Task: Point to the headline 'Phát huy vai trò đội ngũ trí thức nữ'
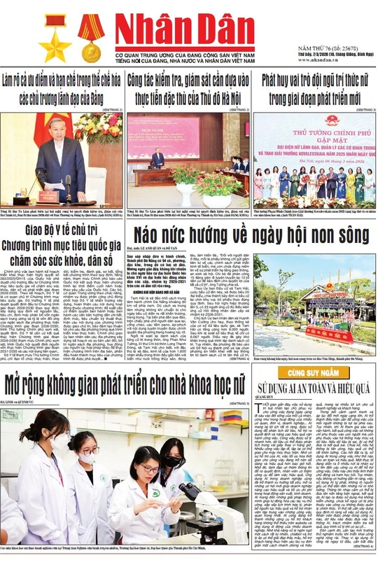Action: point(314,80)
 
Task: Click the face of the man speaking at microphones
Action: point(56,129)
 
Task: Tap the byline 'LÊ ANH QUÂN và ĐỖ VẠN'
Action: point(158,247)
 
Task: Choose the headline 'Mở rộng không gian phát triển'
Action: point(127,384)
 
